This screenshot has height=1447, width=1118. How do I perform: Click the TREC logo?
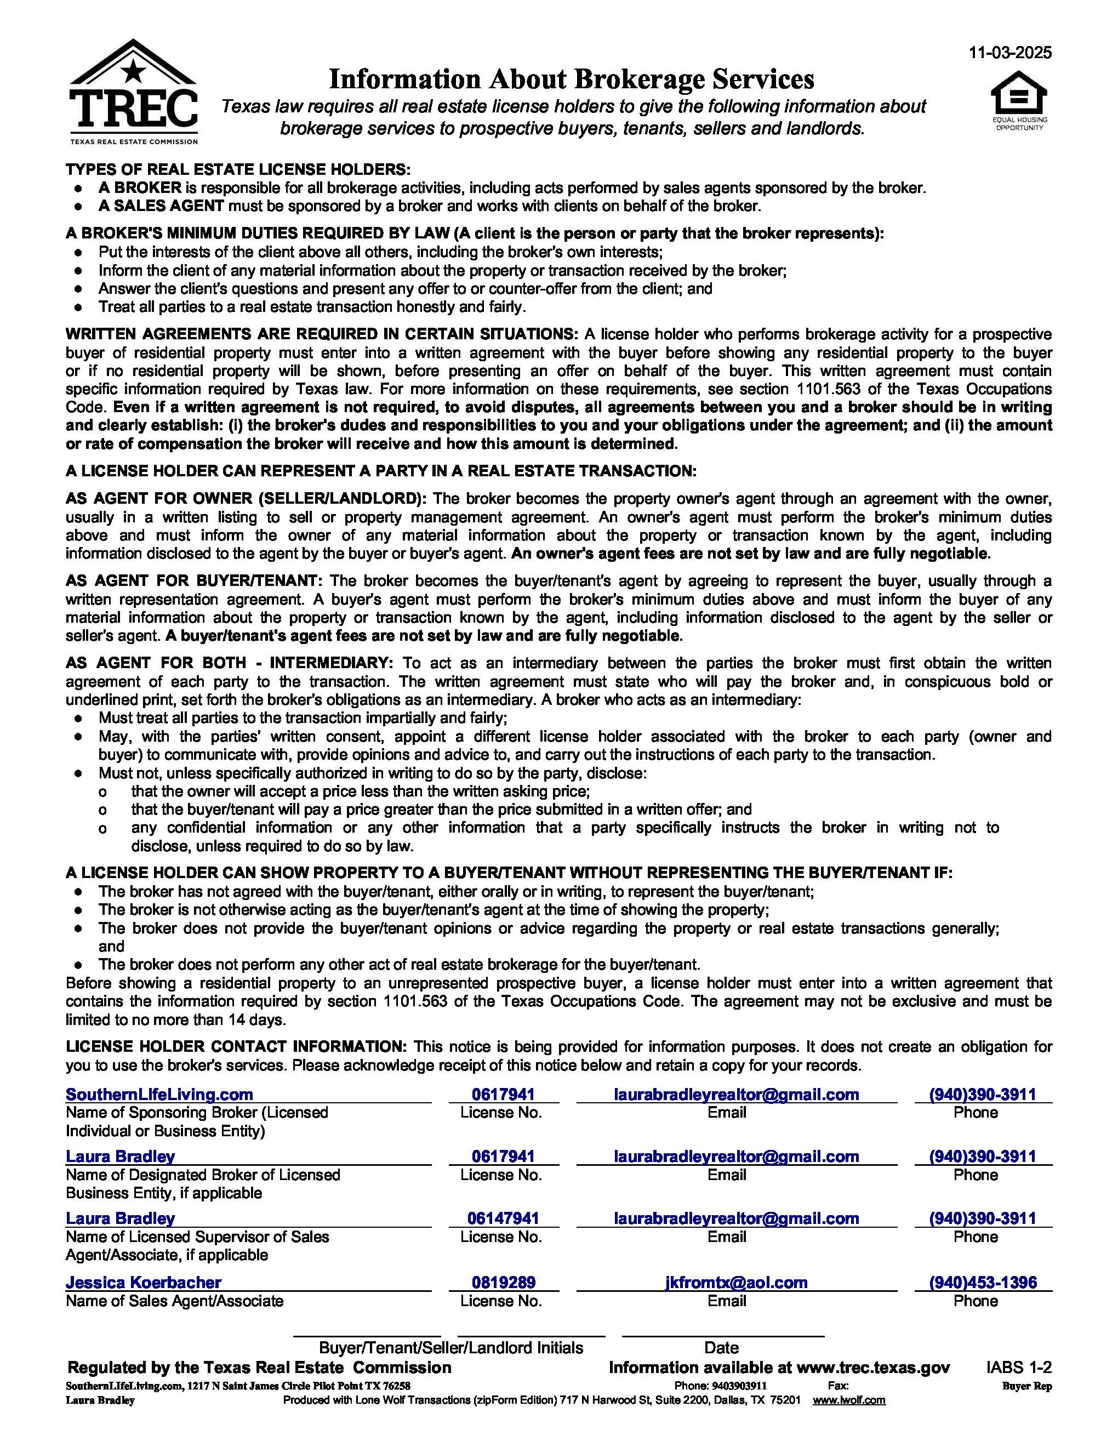click(133, 93)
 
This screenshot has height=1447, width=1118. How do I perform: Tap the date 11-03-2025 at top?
click(1010, 54)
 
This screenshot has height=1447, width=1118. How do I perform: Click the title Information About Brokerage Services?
click(571, 79)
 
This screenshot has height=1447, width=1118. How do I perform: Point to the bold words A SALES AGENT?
click(161, 206)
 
